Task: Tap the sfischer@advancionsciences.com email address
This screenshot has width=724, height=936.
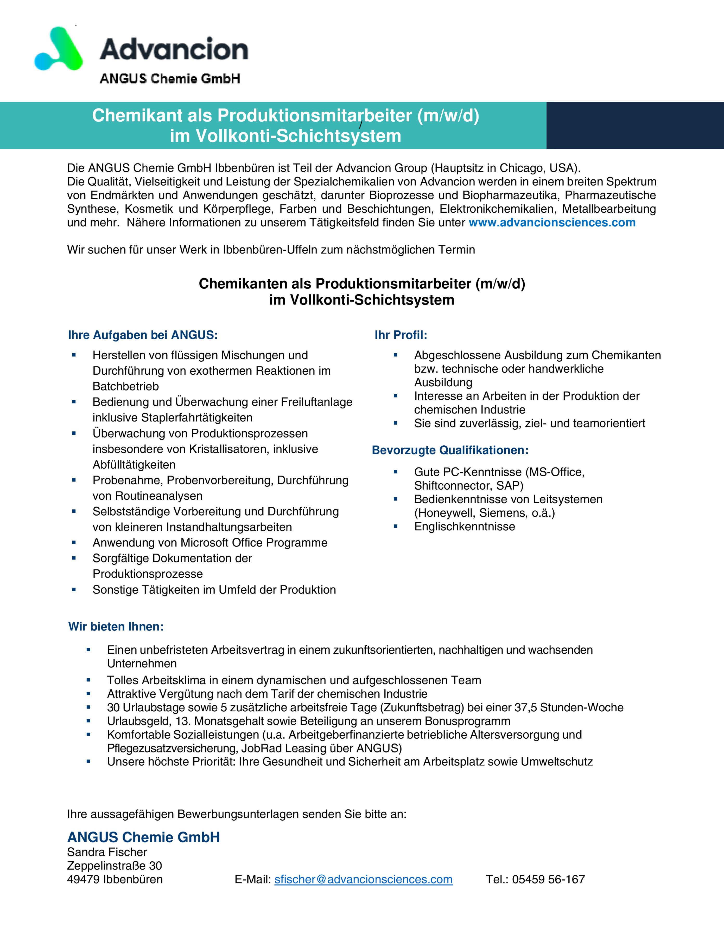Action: click(x=363, y=879)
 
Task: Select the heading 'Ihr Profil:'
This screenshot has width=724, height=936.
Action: click(x=401, y=335)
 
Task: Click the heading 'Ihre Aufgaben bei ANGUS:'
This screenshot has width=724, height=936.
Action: click(x=143, y=335)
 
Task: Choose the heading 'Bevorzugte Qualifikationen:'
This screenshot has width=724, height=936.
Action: click(x=450, y=450)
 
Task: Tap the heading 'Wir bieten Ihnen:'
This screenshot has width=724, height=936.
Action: click(x=116, y=627)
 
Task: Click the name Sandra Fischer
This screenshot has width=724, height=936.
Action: click(x=107, y=852)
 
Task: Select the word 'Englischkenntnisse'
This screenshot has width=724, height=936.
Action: click(x=465, y=527)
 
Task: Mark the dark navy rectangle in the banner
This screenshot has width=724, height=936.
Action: click(x=635, y=126)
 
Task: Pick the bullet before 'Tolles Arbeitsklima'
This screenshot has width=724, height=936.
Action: click(x=88, y=680)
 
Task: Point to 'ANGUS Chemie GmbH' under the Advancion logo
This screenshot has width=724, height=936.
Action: click(x=170, y=79)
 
